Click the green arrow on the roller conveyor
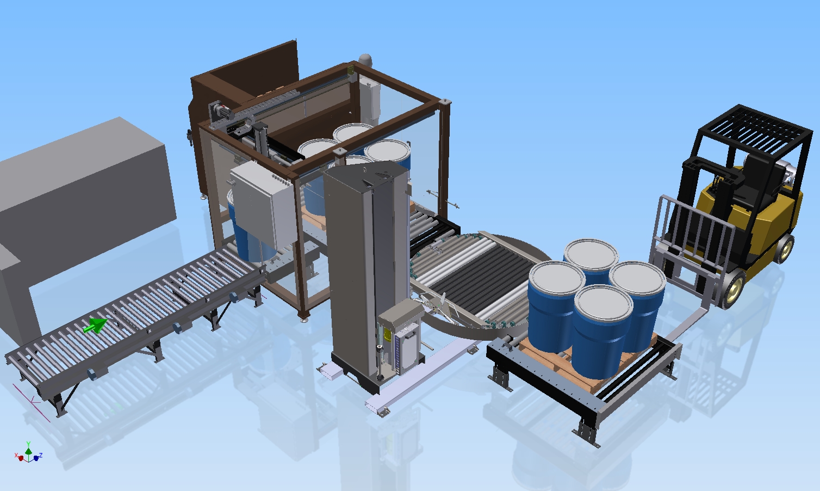click(x=95, y=326)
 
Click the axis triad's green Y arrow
click(x=29, y=449)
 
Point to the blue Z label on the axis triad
click(x=41, y=456)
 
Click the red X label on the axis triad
click(x=16, y=456)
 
